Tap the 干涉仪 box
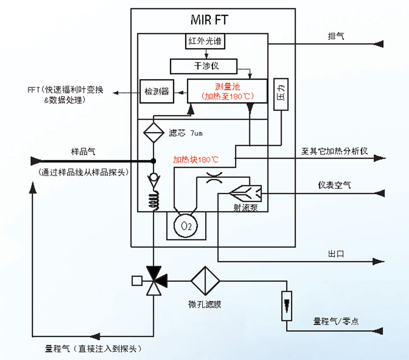pyautogui.click(x=202, y=66)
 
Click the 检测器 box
pyautogui.click(x=155, y=91)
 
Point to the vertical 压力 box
pyautogui.click(x=281, y=95)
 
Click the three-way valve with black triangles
pyautogui.click(x=153, y=280)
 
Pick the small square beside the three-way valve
pyautogui.click(x=135, y=280)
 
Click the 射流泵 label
pyautogui.click(x=246, y=207)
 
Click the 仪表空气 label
pyautogui.click(x=334, y=185)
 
